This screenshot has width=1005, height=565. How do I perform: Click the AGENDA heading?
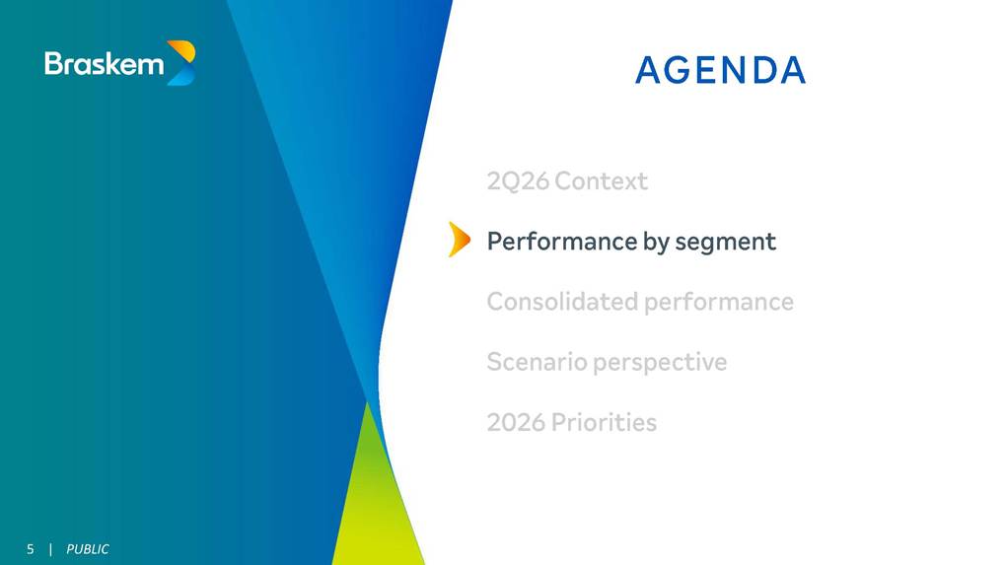[720, 70]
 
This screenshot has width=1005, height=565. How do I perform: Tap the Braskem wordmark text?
[104, 64]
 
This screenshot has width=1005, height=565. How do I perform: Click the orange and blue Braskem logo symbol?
[181, 63]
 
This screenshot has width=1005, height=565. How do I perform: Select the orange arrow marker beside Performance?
[460, 240]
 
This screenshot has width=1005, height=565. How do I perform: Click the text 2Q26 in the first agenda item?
[518, 181]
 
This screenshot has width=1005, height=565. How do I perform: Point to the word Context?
[602, 181]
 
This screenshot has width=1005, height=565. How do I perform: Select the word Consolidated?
[563, 301]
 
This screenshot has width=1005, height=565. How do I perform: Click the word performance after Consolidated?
[719, 303]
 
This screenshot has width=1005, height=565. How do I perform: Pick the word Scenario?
[538, 362]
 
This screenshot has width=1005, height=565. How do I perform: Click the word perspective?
[660, 363]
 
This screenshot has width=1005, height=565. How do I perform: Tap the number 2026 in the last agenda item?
[516, 423]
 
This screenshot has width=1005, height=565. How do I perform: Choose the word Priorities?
[604, 423]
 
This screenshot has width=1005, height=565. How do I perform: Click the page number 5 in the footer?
[31, 549]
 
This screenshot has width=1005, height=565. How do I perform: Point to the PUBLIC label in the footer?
[88, 549]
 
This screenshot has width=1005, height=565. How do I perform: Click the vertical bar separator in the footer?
[50, 549]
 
